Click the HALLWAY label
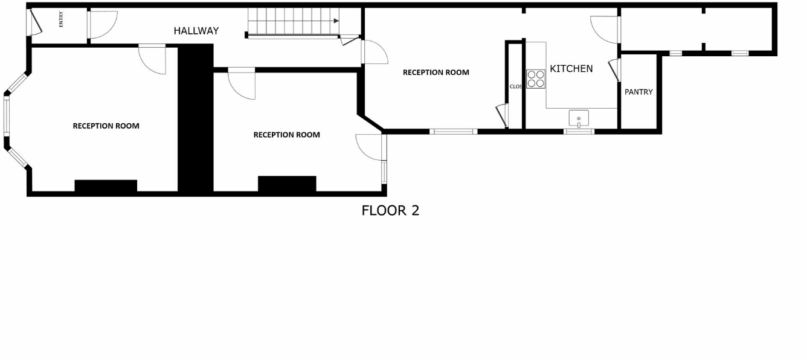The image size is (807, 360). pyautogui.click(x=196, y=31)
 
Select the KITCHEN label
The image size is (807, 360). pyautogui.click(x=571, y=69)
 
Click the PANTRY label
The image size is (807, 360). pyautogui.click(x=638, y=92)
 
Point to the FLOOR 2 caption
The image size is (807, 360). pyautogui.click(x=390, y=210)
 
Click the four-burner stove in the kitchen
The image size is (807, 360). pyautogui.click(x=536, y=79)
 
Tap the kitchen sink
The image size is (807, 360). pyautogui.click(x=579, y=118)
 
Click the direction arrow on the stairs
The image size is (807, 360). pyautogui.click(x=334, y=21)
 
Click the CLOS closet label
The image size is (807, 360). pyautogui.click(x=515, y=86)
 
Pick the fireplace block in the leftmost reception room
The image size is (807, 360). pyautogui.click(x=106, y=186)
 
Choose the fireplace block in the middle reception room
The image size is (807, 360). pyautogui.click(x=287, y=184)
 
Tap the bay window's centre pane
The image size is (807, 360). pyautogui.click(x=7, y=117)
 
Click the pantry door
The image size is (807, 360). pyautogui.click(x=615, y=69)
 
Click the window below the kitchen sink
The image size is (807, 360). pyautogui.click(x=579, y=131)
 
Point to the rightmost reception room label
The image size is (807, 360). pyautogui.click(x=436, y=72)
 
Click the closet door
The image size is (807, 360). pyautogui.click(x=501, y=115)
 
